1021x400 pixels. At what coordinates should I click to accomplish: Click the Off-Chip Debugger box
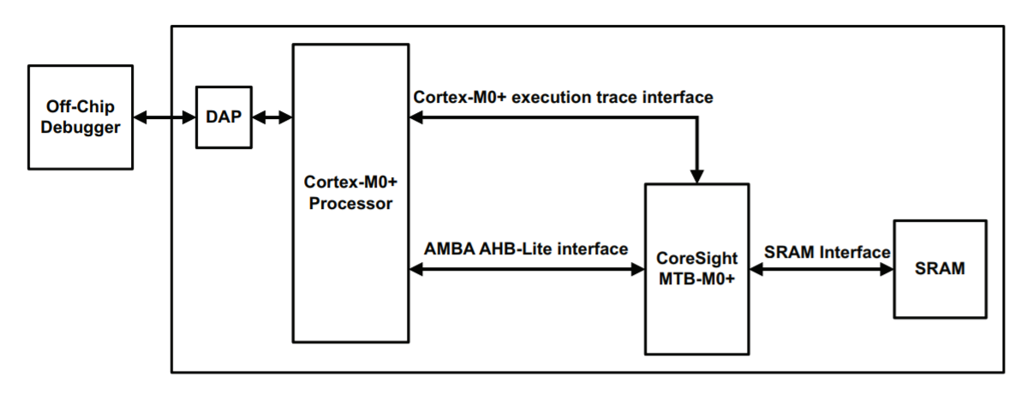coord(81,116)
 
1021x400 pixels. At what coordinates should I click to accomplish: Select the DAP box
coord(224,116)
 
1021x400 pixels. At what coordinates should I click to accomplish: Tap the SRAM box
coord(939,268)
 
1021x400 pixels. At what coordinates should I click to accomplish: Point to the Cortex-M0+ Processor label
coord(349,194)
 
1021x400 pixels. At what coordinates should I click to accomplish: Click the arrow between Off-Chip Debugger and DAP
coord(164,117)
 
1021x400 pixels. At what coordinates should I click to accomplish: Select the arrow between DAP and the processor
coord(272,117)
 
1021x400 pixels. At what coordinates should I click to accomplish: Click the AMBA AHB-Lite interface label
coord(526,248)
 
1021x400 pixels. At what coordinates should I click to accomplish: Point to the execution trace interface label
coord(563,98)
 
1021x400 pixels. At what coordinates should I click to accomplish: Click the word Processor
coord(349,204)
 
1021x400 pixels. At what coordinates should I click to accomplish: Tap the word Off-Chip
coord(81,107)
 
